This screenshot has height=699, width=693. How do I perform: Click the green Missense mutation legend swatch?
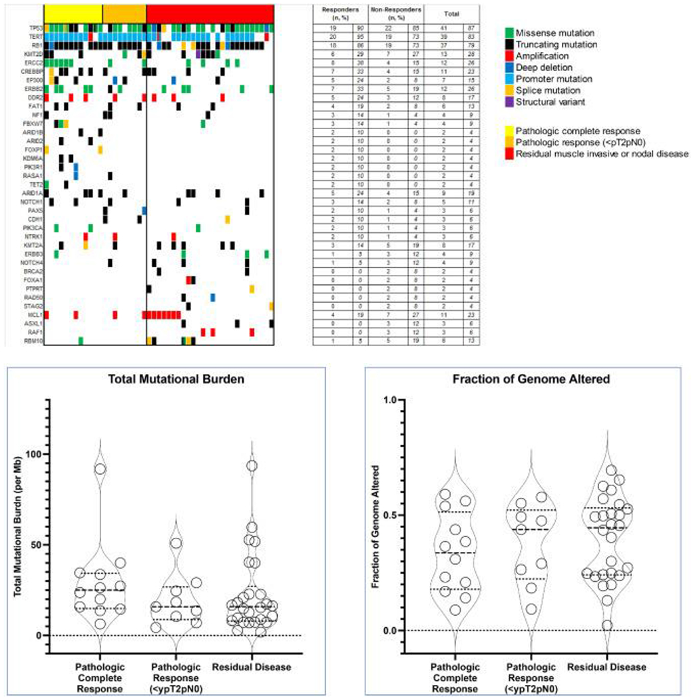coord(509,31)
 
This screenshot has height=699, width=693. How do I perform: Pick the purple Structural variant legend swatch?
coord(509,102)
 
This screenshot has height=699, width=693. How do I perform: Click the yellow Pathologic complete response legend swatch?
coord(509,130)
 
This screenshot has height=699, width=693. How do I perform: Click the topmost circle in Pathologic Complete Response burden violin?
coord(100,469)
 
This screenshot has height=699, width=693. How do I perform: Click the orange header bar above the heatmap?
coord(124,13)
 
